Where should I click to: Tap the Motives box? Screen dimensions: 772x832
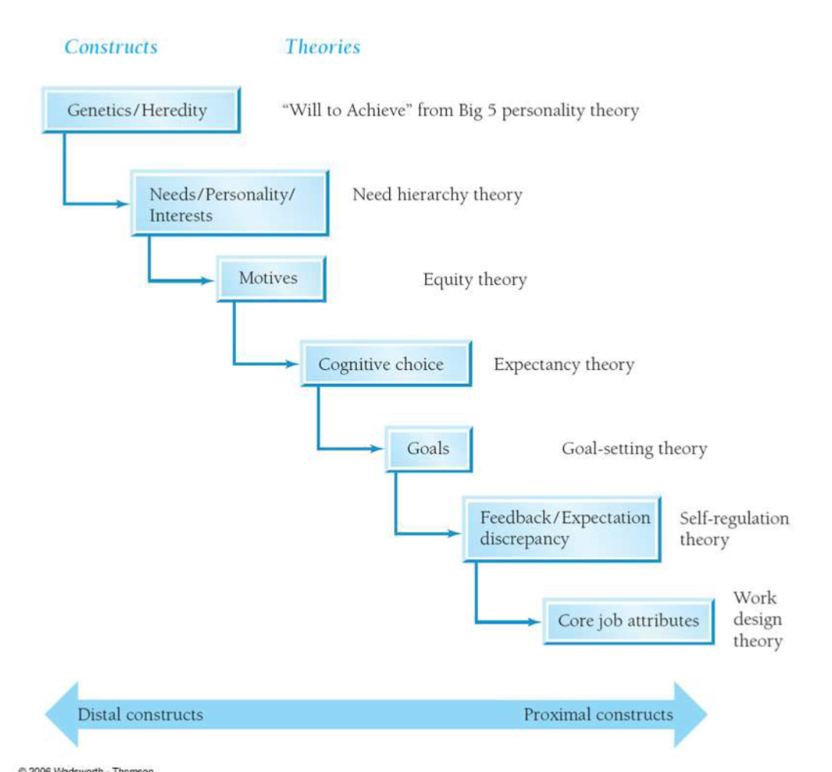[x=269, y=279]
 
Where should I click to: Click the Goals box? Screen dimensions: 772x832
[x=428, y=448]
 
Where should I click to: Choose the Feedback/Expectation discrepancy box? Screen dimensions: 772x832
[x=561, y=528]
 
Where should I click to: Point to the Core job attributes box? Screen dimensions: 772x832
[x=627, y=620]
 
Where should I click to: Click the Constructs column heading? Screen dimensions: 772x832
[x=111, y=47]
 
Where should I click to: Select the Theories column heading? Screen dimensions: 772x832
[x=323, y=47]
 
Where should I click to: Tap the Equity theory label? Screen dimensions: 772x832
[x=475, y=280]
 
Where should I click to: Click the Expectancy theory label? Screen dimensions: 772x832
[x=564, y=365]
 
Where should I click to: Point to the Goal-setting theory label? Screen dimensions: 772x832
[x=634, y=449]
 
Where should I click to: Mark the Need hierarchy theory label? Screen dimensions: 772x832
[x=437, y=195]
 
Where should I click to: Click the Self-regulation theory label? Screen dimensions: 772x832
[x=733, y=528]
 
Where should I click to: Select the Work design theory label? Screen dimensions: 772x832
[x=757, y=620]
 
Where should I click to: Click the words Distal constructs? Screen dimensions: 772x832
[x=140, y=715]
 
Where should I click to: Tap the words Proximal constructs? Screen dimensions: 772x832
[x=598, y=715]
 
